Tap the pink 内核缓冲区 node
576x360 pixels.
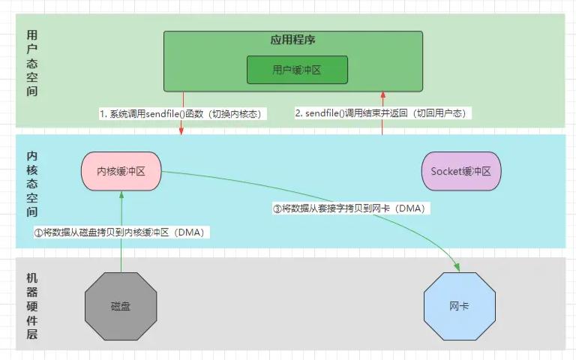(x=121, y=171)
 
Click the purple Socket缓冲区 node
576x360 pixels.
(x=460, y=171)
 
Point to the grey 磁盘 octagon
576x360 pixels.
(x=120, y=306)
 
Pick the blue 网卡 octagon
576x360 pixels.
(x=460, y=306)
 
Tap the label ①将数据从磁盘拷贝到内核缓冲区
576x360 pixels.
(x=120, y=232)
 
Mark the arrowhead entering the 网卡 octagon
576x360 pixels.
(x=456, y=266)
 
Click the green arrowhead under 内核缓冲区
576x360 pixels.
(x=121, y=192)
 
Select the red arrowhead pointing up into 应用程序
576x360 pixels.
(x=382, y=94)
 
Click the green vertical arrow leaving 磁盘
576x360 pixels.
(x=121, y=255)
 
